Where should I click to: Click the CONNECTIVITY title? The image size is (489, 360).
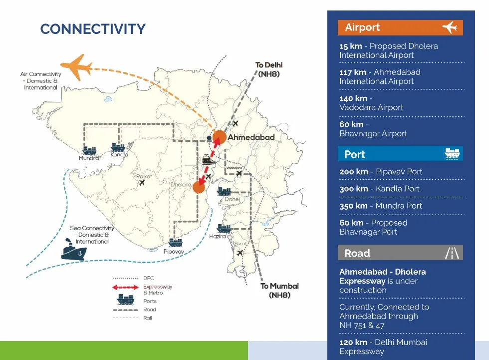(93, 29)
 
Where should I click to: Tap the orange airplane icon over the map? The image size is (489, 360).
(77, 67)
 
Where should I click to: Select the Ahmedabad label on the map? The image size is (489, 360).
(251, 137)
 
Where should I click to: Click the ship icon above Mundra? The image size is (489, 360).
(89, 150)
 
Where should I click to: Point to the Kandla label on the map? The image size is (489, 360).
(119, 154)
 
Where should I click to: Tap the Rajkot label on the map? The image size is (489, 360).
(144, 176)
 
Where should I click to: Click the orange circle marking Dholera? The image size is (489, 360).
(199, 187)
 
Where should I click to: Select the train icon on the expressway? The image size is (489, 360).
(209, 160)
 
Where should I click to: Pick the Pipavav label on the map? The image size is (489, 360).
(174, 252)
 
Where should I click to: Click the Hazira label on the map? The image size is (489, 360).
(218, 237)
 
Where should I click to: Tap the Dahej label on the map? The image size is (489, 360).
(233, 199)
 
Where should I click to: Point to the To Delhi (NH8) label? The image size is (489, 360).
(269, 69)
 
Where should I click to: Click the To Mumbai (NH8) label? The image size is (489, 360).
(280, 291)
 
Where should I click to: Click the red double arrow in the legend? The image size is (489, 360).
(125, 287)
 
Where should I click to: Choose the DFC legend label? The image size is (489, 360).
(149, 278)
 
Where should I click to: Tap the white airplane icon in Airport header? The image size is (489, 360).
(450, 27)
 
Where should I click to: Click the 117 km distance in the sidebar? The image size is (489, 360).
(353, 72)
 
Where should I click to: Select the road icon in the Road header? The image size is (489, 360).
(452, 253)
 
